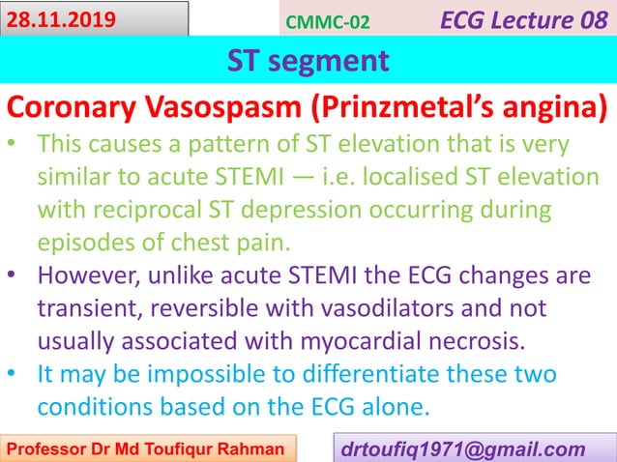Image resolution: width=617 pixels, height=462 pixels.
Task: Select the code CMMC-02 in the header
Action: coord(328,21)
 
